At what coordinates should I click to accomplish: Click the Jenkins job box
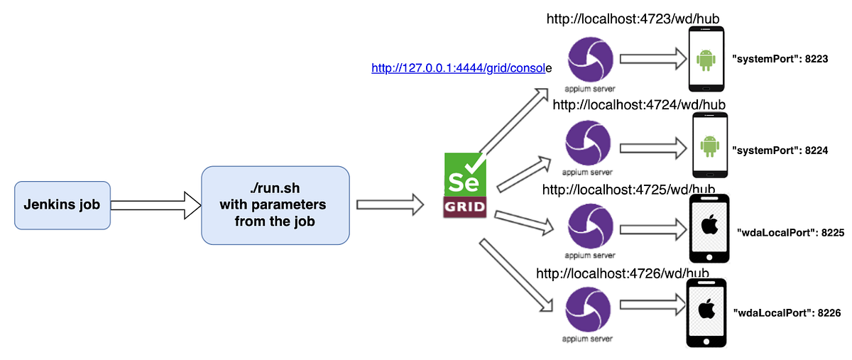pyautogui.click(x=62, y=205)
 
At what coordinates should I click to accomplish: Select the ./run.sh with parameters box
pyautogui.click(x=275, y=205)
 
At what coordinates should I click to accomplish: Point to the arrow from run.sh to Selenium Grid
pyautogui.click(x=389, y=204)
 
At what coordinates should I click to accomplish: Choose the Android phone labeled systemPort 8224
pyautogui.click(x=708, y=146)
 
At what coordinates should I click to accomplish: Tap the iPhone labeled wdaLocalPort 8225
pyautogui.click(x=709, y=229)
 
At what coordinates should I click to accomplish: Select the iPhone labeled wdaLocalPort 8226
pyautogui.click(x=706, y=312)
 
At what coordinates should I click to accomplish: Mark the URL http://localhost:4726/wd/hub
pyautogui.click(x=623, y=273)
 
